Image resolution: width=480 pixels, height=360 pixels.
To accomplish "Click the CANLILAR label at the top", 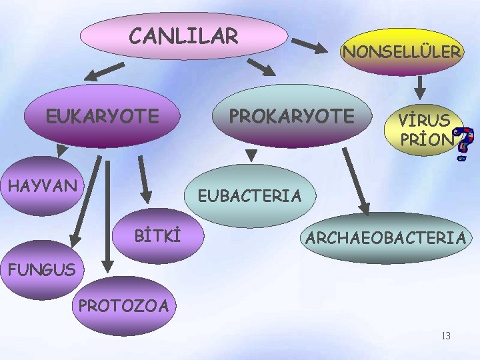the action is click(183, 36).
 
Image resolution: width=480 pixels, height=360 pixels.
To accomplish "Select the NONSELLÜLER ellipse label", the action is click(401, 51).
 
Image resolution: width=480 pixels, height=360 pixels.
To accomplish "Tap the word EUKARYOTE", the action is click(102, 117).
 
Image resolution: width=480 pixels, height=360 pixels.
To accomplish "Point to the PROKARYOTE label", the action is click(291, 116).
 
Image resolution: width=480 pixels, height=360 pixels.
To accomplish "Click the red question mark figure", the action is click(468, 145).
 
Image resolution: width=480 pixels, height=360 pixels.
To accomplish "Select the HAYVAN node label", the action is click(42, 185).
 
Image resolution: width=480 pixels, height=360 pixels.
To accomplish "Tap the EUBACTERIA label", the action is click(249, 196).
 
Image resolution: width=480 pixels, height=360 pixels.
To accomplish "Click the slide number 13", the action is click(445, 335).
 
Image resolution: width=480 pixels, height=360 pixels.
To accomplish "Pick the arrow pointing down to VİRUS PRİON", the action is click(421, 86).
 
